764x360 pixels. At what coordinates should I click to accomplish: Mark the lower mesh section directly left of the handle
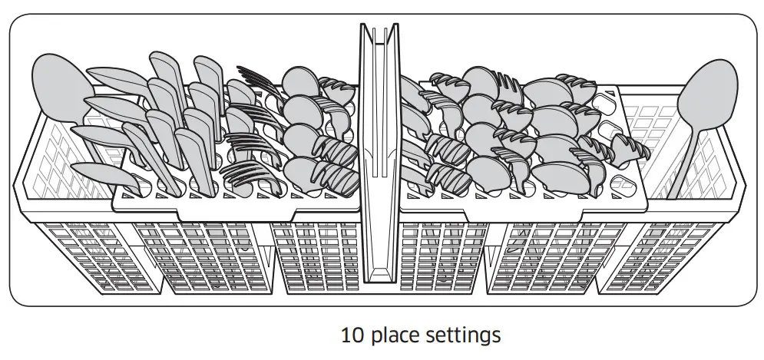tap(315, 257)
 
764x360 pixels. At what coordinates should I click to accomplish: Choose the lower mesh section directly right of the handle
tap(445, 257)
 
